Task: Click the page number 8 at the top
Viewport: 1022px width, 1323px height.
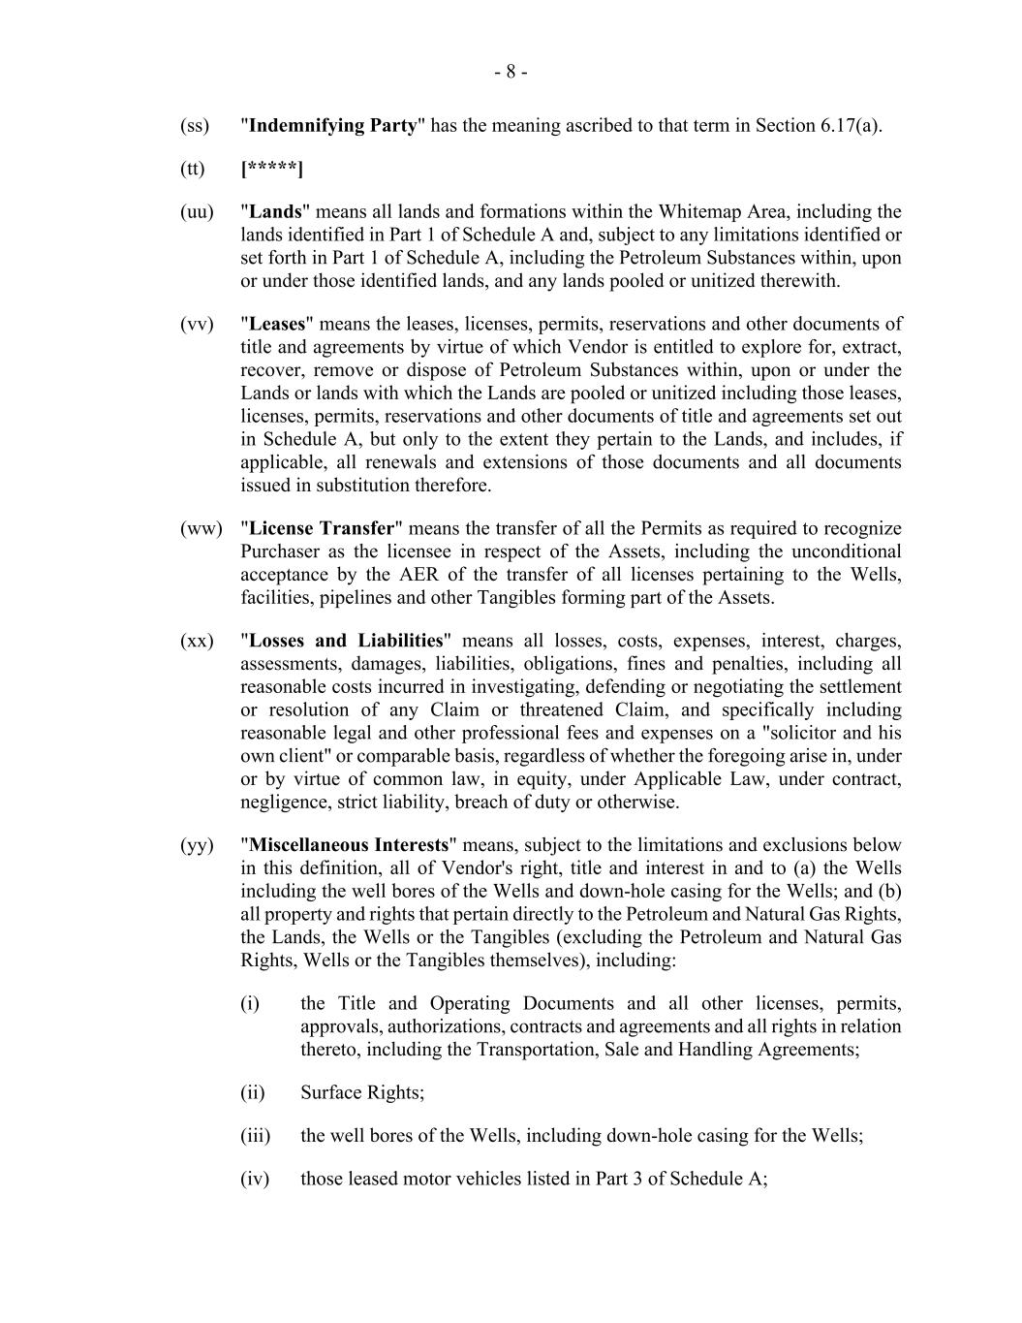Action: coord(511,72)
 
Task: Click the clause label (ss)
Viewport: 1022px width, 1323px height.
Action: coord(194,126)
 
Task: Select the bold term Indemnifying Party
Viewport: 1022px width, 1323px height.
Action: coord(333,126)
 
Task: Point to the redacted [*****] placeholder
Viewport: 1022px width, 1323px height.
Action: coord(272,170)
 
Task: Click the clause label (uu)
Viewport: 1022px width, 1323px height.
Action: coord(197,212)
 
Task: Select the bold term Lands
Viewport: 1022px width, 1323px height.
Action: coord(276,212)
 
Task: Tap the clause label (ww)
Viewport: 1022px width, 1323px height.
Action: coord(201,529)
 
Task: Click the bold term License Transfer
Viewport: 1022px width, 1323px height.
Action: coord(323,529)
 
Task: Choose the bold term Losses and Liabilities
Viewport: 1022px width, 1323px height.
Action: coord(346,642)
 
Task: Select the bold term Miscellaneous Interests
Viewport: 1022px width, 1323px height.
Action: coord(349,845)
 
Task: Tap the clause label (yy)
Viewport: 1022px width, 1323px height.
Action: coord(197,845)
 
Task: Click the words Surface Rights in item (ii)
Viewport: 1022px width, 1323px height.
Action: coord(362,1093)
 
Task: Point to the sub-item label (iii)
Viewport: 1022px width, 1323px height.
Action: coord(255,1136)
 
